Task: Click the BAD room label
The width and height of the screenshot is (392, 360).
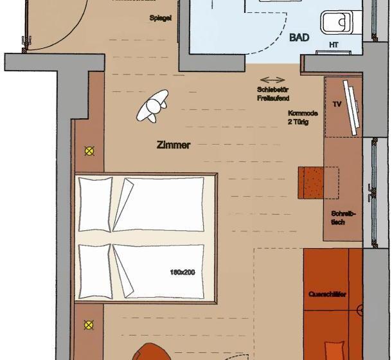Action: (x=299, y=38)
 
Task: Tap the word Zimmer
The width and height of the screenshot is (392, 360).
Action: (x=174, y=145)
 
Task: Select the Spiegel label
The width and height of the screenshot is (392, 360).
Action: (x=161, y=19)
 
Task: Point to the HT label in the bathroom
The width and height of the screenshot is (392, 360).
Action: (x=334, y=44)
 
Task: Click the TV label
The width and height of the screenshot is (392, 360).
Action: (x=336, y=104)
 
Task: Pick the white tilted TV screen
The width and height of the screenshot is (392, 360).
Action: (x=351, y=107)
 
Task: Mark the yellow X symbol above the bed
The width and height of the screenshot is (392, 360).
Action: (x=89, y=152)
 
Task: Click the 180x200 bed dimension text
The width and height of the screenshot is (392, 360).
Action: (x=183, y=272)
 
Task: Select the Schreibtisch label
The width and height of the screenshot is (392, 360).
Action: (x=339, y=217)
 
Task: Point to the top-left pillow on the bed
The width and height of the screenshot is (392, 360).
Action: (x=94, y=203)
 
